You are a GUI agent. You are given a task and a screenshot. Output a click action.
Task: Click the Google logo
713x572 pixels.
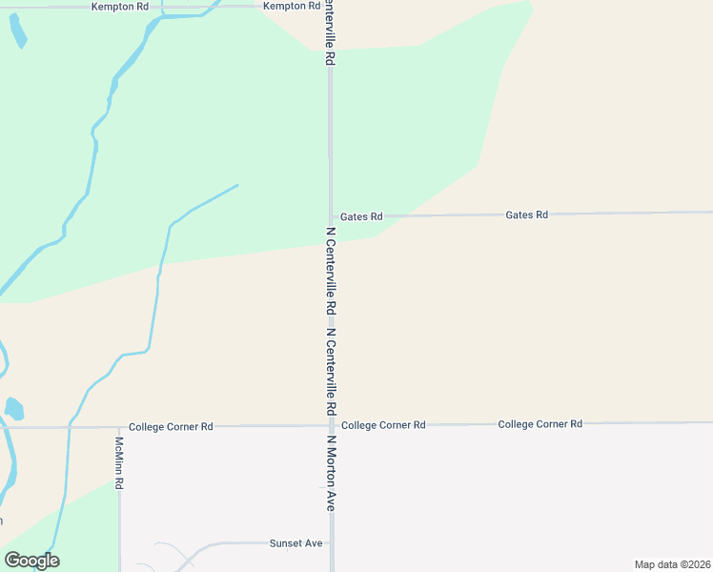tap(31, 561)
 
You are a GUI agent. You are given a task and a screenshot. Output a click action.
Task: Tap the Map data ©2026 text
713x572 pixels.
tap(672, 563)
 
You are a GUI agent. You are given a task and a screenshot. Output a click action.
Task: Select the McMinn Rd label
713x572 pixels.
tap(119, 464)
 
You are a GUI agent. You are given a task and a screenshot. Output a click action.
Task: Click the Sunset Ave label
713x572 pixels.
tap(296, 542)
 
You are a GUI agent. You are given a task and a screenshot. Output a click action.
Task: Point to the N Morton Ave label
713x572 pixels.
tap(332, 475)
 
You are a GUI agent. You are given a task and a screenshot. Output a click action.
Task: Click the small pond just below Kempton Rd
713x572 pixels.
tap(17, 30)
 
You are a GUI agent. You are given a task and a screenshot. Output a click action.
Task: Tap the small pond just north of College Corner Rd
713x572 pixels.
tap(13, 410)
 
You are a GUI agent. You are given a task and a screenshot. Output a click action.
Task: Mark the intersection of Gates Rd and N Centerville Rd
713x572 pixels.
tap(331, 217)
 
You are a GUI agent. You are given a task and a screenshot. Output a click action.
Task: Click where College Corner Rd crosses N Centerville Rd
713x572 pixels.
tap(331, 425)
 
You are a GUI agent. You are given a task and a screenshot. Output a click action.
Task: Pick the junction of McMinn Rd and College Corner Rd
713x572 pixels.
tap(119, 427)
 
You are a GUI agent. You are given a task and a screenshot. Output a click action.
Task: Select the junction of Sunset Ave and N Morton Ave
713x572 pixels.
tap(331, 543)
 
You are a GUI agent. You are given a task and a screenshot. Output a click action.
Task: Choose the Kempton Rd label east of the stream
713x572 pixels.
tap(291, 6)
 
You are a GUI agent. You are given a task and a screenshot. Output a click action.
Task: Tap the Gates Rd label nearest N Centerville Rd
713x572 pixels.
tap(361, 217)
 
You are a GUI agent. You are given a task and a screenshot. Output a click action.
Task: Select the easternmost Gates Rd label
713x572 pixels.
tap(527, 215)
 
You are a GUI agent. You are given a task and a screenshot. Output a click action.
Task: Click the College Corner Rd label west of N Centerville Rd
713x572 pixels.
tap(171, 427)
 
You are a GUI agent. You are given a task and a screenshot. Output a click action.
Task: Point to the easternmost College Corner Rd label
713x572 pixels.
tap(540, 423)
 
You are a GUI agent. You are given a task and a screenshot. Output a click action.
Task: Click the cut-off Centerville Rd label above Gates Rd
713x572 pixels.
tap(331, 32)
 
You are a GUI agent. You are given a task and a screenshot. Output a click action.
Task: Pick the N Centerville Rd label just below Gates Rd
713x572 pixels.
tap(331, 272)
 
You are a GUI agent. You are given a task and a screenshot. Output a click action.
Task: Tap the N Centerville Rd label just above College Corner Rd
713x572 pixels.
tap(331, 372)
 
